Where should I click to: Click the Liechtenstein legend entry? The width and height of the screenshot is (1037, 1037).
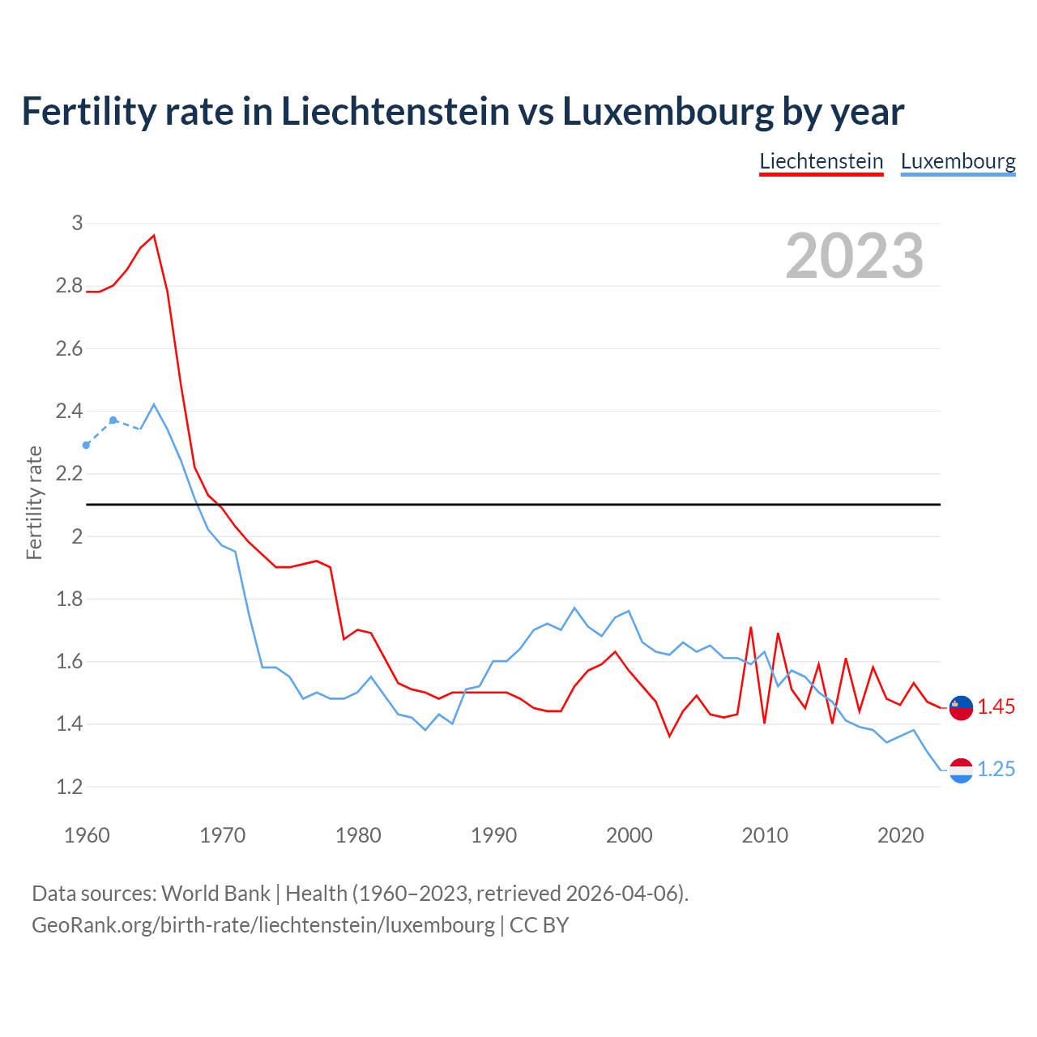[821, 161]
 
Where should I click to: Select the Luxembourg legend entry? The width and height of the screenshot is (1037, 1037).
[958, 161]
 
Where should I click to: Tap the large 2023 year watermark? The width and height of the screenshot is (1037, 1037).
[855, 256]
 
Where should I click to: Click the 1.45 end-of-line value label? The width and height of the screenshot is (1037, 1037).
[996, 706]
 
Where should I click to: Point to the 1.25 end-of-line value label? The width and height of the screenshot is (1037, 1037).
[996, 769]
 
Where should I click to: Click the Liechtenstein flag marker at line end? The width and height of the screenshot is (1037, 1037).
[961, 707]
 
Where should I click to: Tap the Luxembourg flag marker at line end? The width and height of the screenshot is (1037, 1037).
[961, 770]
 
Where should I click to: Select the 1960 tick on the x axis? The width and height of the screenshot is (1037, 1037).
[87, 835]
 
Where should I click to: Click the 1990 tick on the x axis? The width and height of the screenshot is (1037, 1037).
[493, 835]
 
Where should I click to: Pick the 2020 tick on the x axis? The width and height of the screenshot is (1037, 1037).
[900, 835]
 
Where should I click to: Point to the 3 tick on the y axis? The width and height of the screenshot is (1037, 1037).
[77, 223]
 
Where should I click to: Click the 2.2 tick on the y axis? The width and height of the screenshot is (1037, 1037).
[69, 473]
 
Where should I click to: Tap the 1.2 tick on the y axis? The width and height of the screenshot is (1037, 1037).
[69, 787]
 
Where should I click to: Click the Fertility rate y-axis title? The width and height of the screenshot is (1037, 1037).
[34, 502]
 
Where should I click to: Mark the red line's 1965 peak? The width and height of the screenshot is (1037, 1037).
[154, 236]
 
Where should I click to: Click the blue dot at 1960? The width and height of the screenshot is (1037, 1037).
[87, 445]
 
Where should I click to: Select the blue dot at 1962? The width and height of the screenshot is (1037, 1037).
[113, 420]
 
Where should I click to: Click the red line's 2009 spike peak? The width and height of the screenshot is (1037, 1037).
[751, 627]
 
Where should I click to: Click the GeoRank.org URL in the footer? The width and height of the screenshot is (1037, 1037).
[263, 924]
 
